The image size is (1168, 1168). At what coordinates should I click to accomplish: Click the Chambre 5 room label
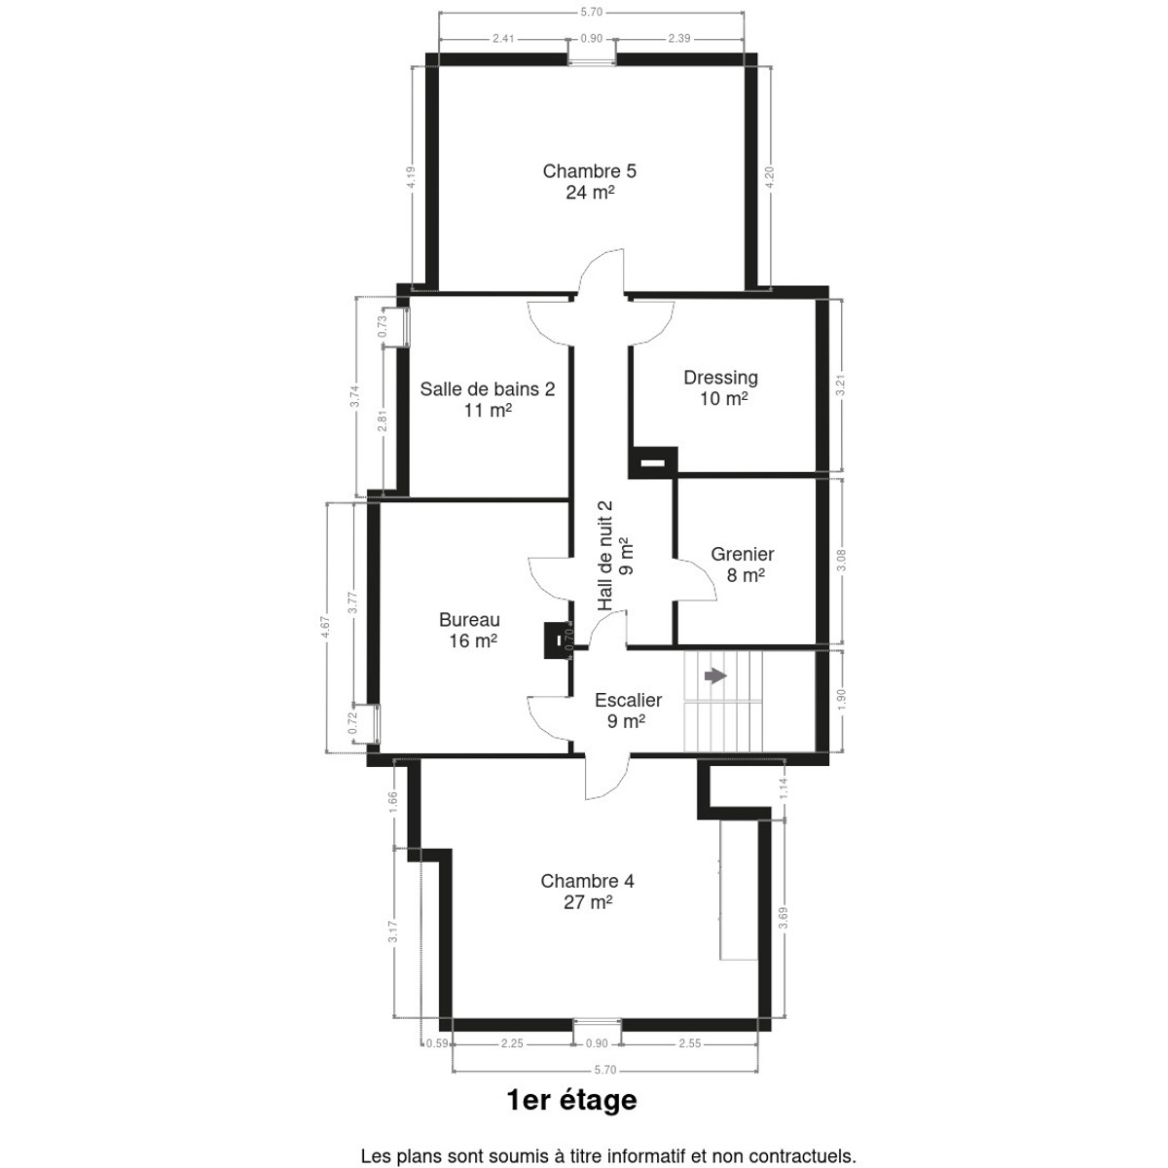tap(589, 181)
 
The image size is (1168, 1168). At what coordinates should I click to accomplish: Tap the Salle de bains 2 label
tap(488, 399)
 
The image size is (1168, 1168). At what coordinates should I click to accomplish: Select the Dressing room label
tap(721, 388)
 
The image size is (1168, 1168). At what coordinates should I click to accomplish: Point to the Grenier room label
tap(743, 565)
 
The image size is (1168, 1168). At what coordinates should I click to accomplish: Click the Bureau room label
tap(470, 630)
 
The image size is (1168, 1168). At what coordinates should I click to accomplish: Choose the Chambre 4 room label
tap(587, 891)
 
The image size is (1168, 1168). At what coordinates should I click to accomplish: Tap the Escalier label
tap(628, 711)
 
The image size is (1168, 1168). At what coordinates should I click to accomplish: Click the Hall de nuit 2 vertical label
tap(614, 556)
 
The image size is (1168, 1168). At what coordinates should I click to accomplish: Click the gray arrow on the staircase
tap(715, 675)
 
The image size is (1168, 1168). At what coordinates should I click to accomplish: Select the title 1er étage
tap(571, 1100)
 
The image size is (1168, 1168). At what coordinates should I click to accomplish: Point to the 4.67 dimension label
tap(326, 627)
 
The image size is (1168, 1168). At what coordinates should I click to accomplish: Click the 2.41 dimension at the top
tap(503, 39)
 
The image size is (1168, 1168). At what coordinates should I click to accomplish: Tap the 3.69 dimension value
tap(784, 918)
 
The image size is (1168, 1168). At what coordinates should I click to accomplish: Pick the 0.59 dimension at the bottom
tap(437, 1043)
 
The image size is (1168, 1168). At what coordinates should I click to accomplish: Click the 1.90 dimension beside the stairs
tap(841, 700)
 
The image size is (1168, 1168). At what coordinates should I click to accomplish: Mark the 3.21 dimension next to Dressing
tap(841, 385)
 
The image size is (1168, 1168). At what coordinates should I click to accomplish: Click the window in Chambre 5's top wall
tap(592, 60)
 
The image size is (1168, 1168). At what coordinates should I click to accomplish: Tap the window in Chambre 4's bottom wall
tap(598, 1025)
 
